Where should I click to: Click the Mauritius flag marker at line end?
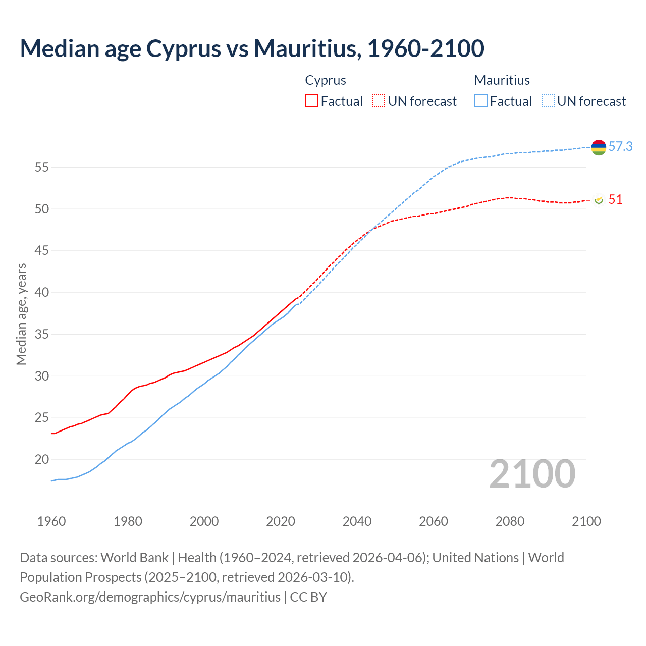[599, 147]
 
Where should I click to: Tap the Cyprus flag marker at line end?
[599, 200]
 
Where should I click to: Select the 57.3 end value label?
[620, 147]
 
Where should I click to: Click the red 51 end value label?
[615, 200]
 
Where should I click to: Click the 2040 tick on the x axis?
[357, 521]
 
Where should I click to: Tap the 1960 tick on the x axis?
[51, 521]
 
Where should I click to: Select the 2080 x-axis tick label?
[510, 521]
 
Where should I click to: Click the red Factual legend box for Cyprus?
[311, 101]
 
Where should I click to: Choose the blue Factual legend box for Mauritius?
[481, 101]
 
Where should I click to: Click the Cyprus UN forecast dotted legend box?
[379, 101]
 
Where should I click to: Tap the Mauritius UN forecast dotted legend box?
[548, 101]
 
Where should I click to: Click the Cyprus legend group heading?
[326, 80]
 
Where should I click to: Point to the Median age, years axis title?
[21, 314]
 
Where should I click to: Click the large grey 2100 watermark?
[532, 474]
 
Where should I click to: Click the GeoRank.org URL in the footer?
[150, 597]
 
